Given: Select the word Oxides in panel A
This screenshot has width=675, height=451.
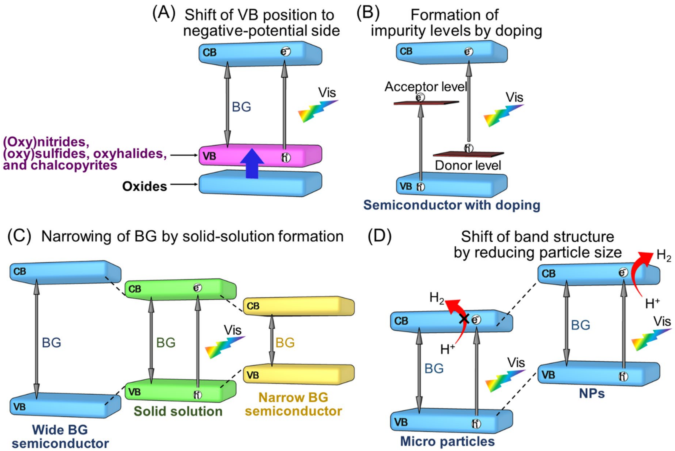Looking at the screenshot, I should click(144, 186).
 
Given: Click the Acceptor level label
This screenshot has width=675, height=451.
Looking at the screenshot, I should click(426, 86).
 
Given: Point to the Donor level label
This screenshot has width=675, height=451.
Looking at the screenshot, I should click(468, 165).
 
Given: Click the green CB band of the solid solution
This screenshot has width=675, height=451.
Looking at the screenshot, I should click(172, 289).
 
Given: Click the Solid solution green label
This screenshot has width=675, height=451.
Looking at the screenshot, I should click(178, 411).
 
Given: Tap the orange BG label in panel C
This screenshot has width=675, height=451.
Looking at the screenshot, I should click(285, 343).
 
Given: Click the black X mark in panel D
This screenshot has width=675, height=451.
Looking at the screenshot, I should click(464, 319).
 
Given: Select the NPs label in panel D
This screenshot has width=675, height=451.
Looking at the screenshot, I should click(592, 393).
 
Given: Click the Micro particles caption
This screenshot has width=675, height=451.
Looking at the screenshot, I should click(447, 441).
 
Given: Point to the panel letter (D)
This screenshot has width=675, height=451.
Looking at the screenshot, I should click(380, 237).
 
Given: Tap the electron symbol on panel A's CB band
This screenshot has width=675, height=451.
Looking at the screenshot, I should click(286, 52).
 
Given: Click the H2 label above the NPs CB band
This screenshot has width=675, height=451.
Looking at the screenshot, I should click(664, 256).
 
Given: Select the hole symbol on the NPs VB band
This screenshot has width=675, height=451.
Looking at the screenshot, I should click(623, 377).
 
